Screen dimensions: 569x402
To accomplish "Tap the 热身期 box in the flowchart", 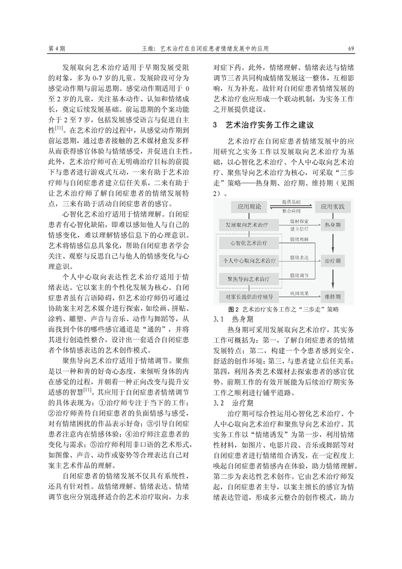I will click(x=333, y=224).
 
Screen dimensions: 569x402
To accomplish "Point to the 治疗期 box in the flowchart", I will click(x=333, y=259).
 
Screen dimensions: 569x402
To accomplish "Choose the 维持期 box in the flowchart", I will click(x=333, y=295).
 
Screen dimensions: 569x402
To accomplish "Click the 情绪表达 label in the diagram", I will click(x=299, y=257).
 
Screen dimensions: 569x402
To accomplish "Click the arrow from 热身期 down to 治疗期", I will click(x=333, y=241).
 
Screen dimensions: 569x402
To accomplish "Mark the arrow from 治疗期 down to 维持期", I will click(x=333, y=277).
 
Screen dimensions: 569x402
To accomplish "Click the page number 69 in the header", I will click(x=351, y=49).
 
